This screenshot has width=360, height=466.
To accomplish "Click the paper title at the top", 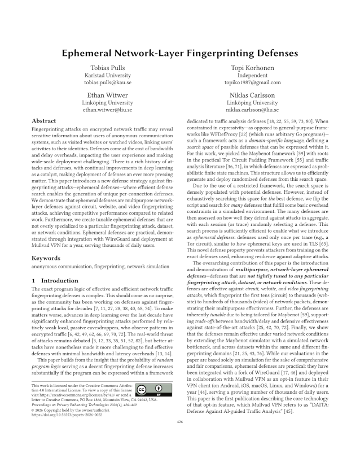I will point(180,53).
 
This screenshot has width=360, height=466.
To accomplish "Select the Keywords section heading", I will point(46,258).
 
